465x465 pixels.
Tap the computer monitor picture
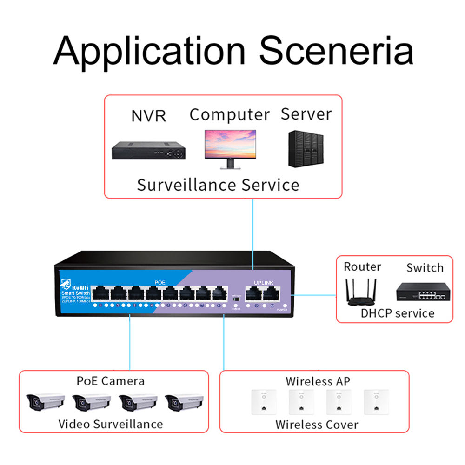pos(230,148)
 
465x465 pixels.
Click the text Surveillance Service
pos(218,185)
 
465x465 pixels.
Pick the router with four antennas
pos(360,292)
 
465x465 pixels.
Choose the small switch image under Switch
pos(424,292)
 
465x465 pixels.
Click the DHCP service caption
pos(398,312)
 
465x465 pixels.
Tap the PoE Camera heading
pos(111,381)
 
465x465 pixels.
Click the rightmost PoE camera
pos(185,402)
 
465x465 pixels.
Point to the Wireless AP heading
pos(318,382)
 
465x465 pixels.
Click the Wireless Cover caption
pos(317,424)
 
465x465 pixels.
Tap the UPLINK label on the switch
pos(264,282)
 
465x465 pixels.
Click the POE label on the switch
pos(159,282)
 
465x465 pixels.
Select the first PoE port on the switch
pos(100,294)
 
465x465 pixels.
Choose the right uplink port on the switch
pos(271,293)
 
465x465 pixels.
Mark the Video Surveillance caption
pos(111,424)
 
